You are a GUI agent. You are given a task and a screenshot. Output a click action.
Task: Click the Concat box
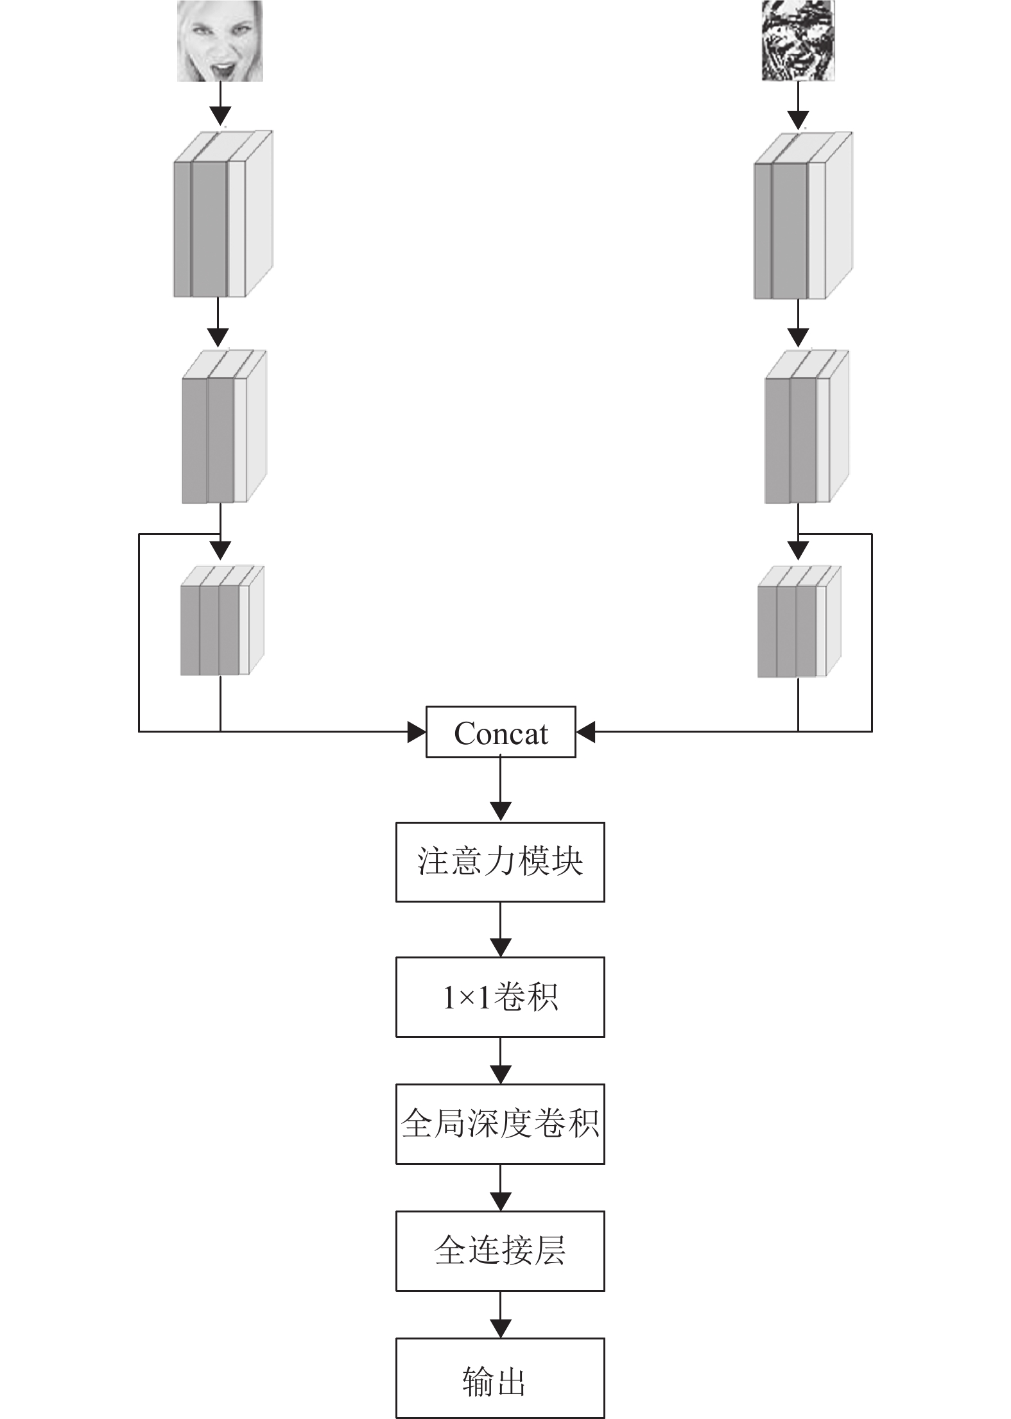[x=501, y=732]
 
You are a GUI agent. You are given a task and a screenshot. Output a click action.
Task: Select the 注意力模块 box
[x=500, y=862]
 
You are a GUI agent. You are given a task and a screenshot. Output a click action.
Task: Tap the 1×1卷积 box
[x=500, y=997]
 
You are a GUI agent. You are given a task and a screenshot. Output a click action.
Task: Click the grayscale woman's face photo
[x=220, y=41]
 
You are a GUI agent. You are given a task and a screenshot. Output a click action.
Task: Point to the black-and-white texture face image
[x=799, y=41]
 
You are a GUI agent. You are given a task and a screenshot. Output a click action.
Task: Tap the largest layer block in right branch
[x=802, y=216]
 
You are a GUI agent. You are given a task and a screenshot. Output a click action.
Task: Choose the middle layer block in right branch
[x=806, y=427]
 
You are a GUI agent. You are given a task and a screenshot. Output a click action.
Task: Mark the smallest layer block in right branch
[x=799, y=622]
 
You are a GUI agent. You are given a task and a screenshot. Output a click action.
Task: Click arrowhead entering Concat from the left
[x=417, y=731]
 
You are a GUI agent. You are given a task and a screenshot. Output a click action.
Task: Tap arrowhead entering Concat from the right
[x=585, y=731]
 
